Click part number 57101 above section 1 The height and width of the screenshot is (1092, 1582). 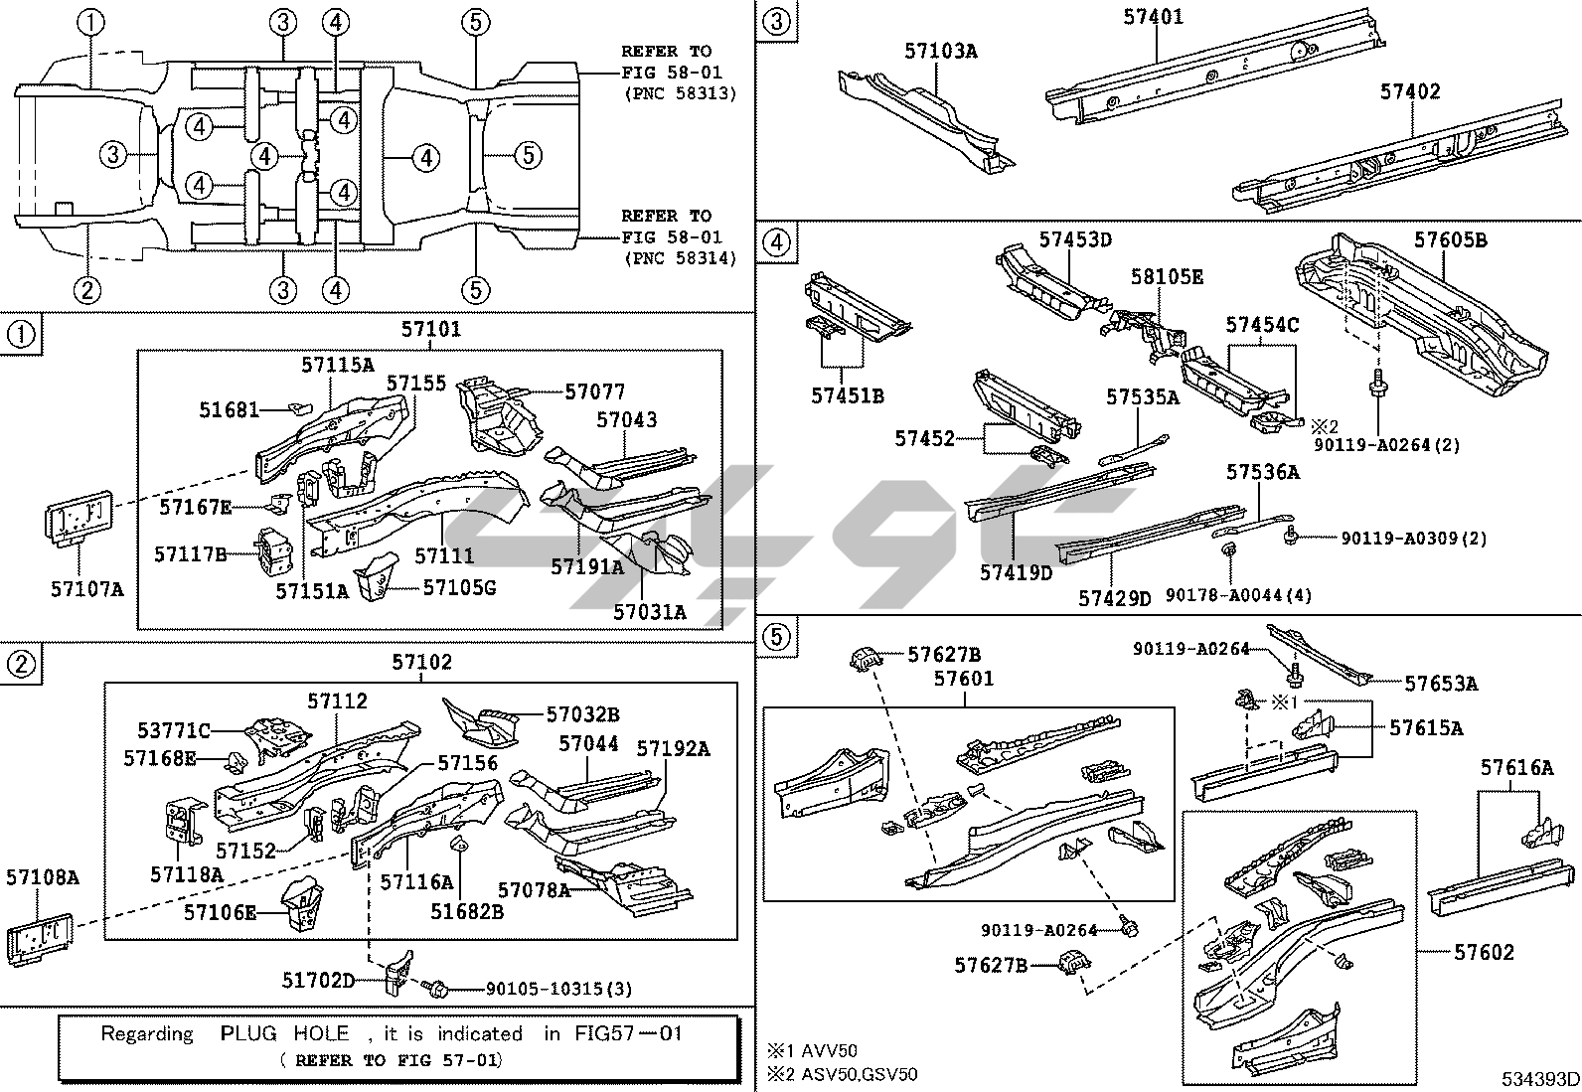[x=430, y=330]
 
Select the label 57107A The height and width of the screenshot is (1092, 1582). [x=87, y=589]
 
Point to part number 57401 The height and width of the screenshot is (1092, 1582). [x=1153, y=17]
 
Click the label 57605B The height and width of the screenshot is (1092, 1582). [x=1450, y=240]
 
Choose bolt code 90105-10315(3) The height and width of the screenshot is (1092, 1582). [x=558, y=989]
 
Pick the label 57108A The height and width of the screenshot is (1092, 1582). [x=42, y=877]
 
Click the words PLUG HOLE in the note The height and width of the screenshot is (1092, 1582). [x=280, y=1033]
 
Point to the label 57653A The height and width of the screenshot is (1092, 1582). [x=1440, y=683]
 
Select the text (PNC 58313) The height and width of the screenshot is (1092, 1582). [x=680, y=94]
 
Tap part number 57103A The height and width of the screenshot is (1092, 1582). [x=940, y=51]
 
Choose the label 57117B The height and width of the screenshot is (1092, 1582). [x=191, y=553]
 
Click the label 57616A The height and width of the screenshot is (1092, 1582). [x=1515, y=767]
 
